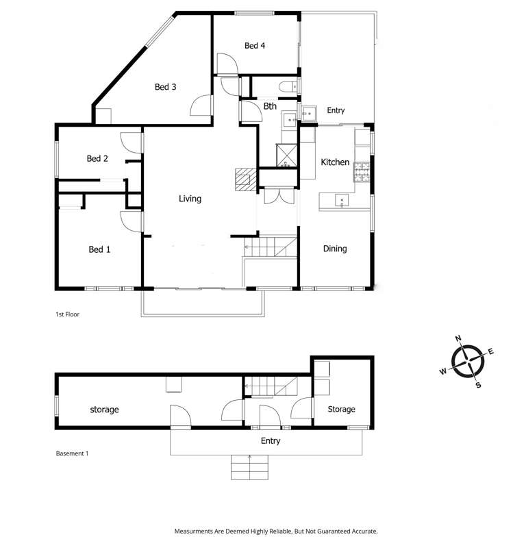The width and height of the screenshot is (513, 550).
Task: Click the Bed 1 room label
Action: pyautogui.click(x=99, y=249)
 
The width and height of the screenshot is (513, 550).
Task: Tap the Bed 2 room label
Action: pyautogui.click(x=97, y=158)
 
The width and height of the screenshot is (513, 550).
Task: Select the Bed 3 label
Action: pyautogui.click(x=165, y=86)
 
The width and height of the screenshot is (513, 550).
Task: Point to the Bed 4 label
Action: pyautogui.click(x=254, y=46)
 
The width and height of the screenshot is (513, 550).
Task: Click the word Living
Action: pyautogui.click(x=190, y=199)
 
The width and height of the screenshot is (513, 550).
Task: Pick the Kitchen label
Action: pyautogui.click(x=336, y=162)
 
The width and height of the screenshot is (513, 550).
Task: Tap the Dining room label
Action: pyautogui.click(x=335, y=249)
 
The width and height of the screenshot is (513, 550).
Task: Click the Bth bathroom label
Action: pyautogui.click(x=270, y=106)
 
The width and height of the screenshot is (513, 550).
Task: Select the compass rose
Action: pyautogui.click(x=468, y=360)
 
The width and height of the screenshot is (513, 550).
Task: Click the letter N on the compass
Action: pyautogui.click(x=458, y=338)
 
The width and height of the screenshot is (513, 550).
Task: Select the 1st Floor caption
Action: pyautogui.click(x=69, y=314)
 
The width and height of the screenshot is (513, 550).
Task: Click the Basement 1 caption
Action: pyautogui.click(x=71, y=453)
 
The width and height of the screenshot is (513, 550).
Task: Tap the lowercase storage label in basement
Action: pyautogui.click(x=104, y=410)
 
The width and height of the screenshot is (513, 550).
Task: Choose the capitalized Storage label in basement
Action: pyautogui.click(x=340, y=409)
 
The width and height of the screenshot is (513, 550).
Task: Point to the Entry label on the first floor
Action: pyautogui.click(x=336, y=110)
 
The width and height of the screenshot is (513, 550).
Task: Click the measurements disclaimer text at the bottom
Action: pyautogui.click(x=276, y=531)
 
